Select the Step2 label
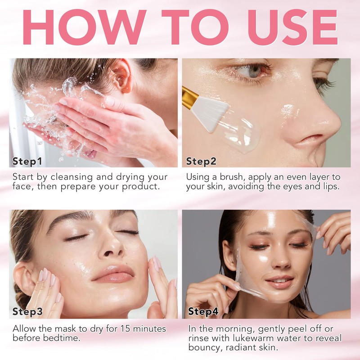pos(201,161)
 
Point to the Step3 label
pos(27,311)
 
